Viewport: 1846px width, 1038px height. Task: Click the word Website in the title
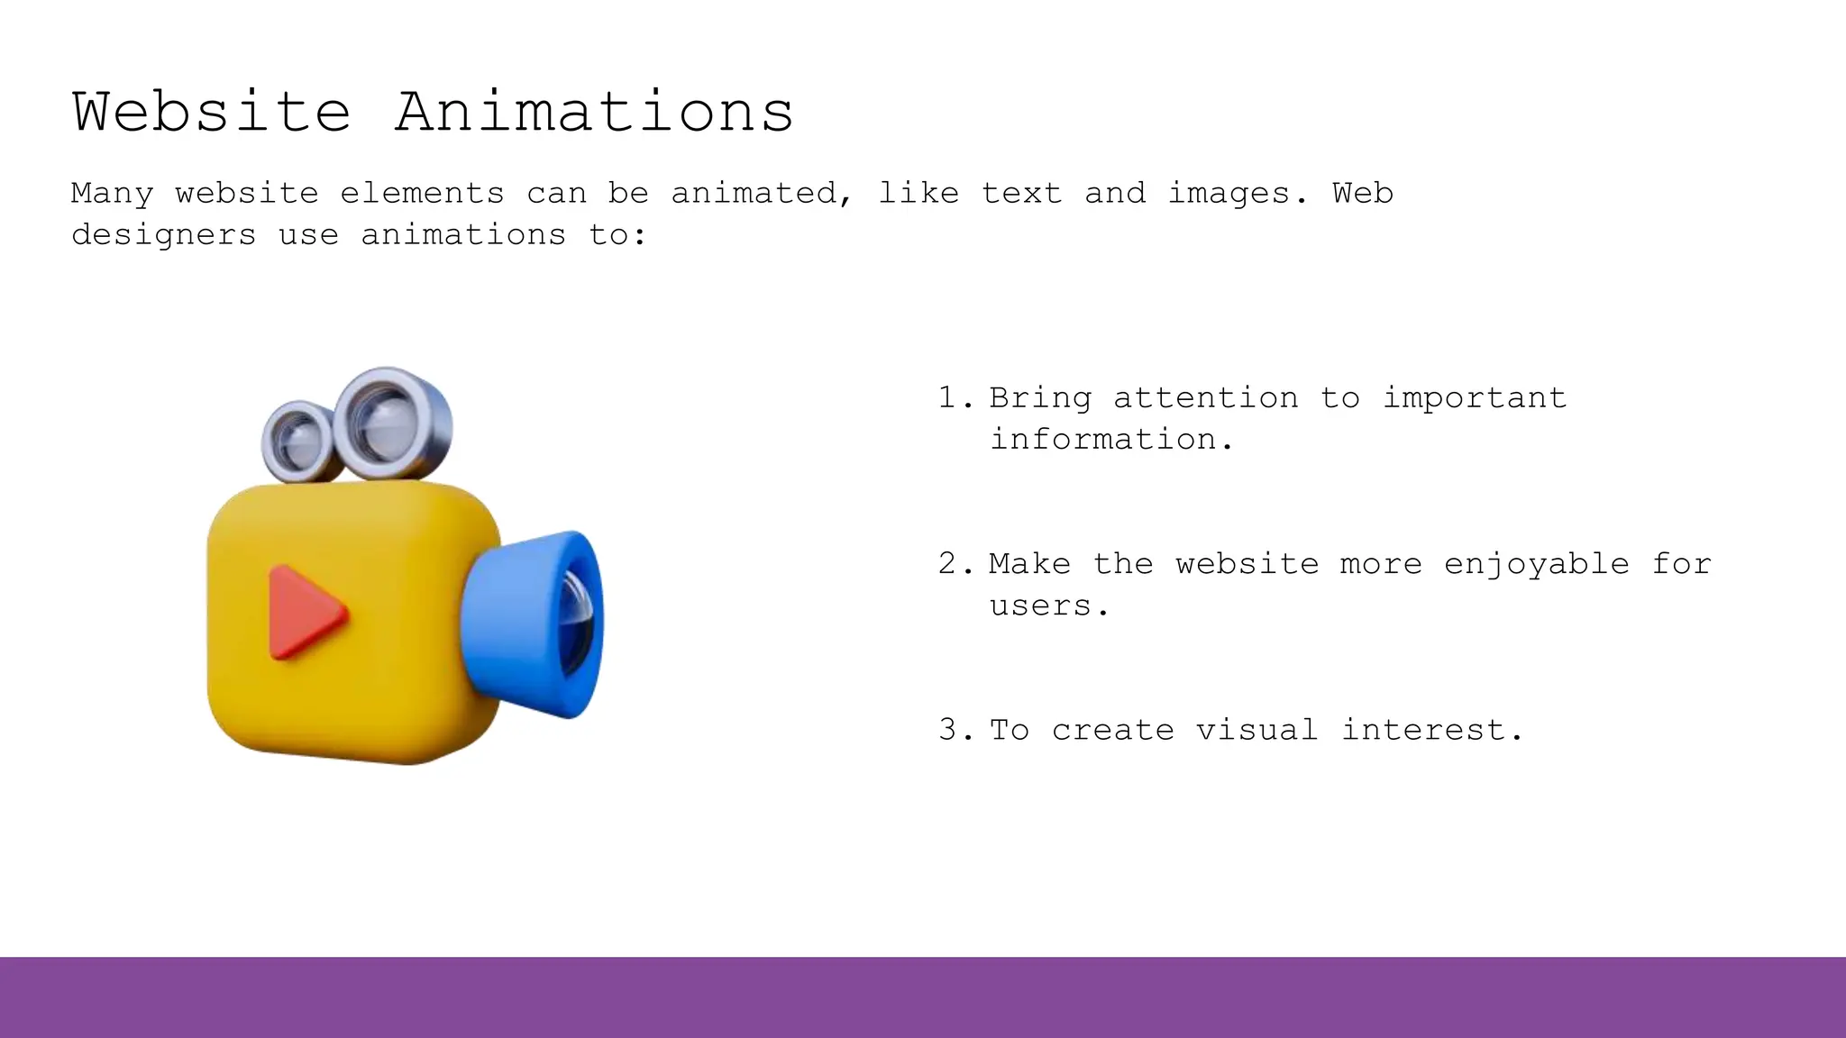[211, 113]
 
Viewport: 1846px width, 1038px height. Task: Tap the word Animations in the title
[594, 113]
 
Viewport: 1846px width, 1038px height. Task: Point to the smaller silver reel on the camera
[297, 442]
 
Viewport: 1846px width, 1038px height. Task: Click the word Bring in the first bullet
[1040, 398]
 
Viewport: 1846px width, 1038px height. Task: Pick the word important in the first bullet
[1475, 398]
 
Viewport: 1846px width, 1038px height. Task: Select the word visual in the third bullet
[1257, 730]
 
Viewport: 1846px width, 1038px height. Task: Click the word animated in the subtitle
[754, 194]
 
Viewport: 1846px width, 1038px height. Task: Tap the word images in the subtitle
[1229, 194]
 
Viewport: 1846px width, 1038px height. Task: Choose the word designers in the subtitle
[164, 236]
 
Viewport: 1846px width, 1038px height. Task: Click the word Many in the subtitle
[112, 194]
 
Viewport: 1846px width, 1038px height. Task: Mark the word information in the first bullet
[1102, 440]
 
